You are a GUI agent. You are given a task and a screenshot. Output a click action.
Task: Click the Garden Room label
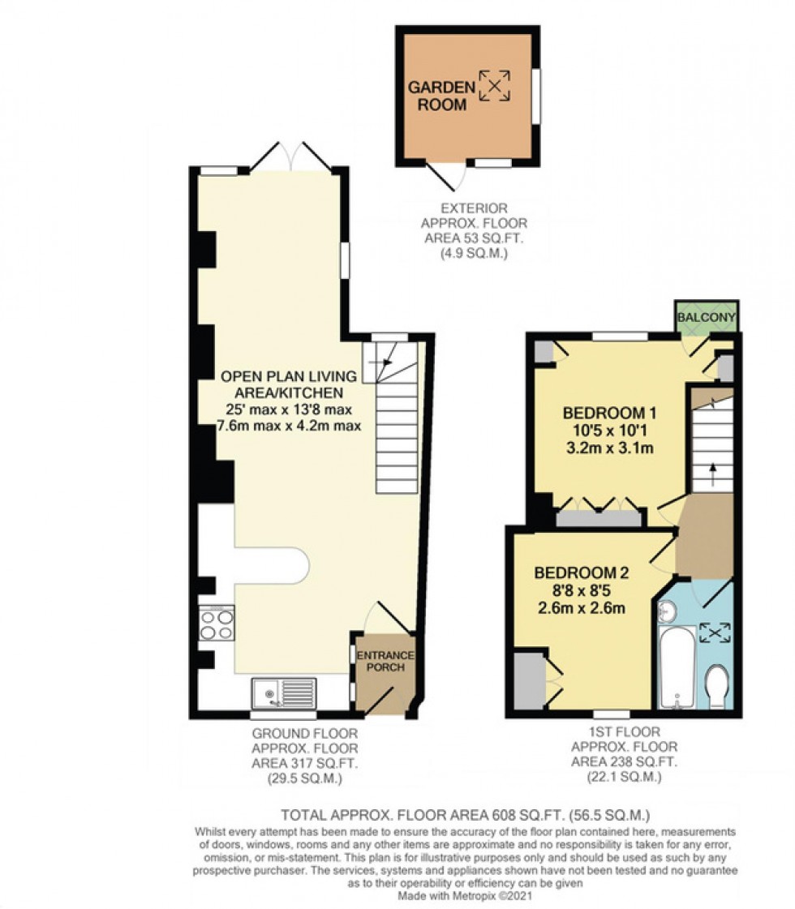437,96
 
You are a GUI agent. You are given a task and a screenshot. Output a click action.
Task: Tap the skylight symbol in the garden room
495,85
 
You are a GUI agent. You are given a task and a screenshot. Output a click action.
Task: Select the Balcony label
707,317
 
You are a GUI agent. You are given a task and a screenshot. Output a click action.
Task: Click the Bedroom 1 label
608,410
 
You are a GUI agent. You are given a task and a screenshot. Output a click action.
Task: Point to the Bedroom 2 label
582,572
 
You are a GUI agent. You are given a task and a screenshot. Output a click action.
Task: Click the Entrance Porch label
386,661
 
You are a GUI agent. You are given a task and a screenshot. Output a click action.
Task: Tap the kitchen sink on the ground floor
284,693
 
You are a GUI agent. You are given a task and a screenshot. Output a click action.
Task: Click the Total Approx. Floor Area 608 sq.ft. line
465,814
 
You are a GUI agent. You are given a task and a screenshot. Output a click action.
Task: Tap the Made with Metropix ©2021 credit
465,897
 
